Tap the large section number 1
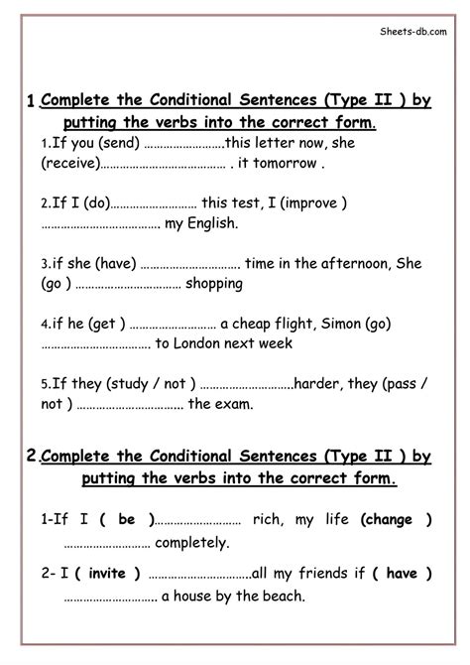click(32, 100)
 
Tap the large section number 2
click(32, 456)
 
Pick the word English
click(214, 223)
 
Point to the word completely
click(192, 543)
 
